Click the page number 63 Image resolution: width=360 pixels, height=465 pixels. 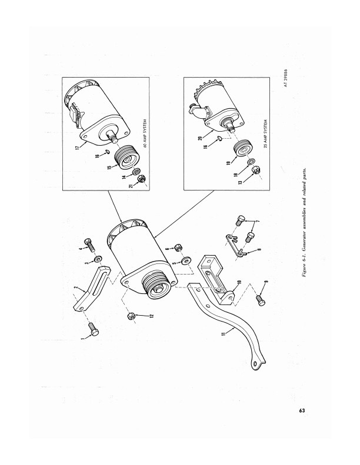302,410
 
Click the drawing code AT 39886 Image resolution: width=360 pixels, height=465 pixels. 285,78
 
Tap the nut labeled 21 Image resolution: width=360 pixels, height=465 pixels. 141,179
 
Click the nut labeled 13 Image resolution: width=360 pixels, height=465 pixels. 255,171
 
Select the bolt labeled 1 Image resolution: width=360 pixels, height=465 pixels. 94,329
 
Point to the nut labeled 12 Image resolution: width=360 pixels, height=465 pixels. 131,316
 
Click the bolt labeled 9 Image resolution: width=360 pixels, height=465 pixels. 261,299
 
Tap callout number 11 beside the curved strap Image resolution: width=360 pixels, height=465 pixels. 224,334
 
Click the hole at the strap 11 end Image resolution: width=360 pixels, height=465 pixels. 256,363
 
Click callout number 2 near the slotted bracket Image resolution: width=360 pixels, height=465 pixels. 75,288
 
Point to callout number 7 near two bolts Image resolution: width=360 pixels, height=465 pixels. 257,222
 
